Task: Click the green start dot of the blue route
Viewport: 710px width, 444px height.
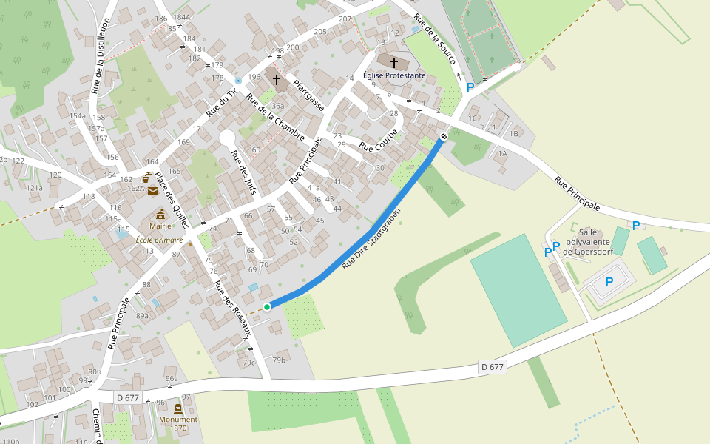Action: tap(267, 306)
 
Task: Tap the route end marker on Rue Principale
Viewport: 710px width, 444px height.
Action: tap(444, 136)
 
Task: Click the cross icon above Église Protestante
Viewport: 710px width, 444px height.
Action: tap(394, 62)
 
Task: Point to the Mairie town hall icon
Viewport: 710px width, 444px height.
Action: tap(160, 214)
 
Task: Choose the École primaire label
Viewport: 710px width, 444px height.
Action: tap(159, 240)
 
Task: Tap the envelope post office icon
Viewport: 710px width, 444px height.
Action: tap(152, 191)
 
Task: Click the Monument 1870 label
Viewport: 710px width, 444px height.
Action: tap(178, 423)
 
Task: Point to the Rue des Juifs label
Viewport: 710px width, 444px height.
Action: tap(243, 175)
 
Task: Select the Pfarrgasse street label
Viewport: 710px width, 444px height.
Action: tap(309, 95)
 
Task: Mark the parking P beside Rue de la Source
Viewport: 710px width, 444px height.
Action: tap(470, 87)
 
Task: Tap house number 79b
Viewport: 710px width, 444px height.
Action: tap(279, 360)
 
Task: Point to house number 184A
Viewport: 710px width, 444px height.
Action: tap(182, 17)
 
